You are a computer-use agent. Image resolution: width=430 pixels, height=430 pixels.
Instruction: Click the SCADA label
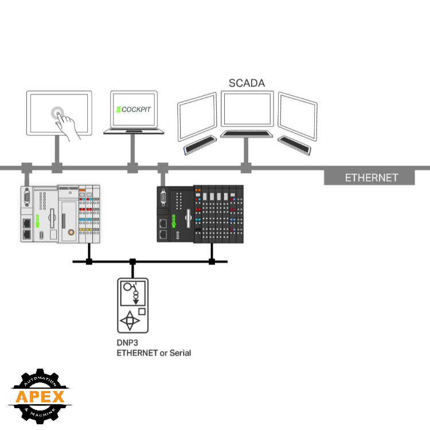click(x=247, y=83)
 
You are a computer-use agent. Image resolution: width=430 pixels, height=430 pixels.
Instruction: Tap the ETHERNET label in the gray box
click(x=371, y=178)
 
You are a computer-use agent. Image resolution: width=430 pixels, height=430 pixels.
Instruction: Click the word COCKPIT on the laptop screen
click(x=138, y=109)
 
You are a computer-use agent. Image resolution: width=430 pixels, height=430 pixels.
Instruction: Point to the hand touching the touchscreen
click(x=68, y=125)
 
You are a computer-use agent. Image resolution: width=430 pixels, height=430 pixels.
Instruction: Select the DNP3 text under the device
click(x=128, y=342)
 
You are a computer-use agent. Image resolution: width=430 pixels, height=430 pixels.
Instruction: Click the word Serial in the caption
click(x=179, y=353)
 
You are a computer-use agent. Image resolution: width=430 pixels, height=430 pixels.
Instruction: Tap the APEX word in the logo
click(x=40, y=396)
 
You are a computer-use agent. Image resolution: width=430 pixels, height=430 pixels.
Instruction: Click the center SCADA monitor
click(x=247, y=110)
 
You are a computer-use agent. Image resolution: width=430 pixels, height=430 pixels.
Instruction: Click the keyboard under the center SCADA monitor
click(x=247, y=134)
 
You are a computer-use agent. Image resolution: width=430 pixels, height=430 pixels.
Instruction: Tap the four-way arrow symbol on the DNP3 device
click(x=132, y=321)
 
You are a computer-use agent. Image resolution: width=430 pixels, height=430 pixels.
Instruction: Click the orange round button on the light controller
click(x=71, y=233)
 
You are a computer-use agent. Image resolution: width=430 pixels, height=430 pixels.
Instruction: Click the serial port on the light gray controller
click(x=26, y=198)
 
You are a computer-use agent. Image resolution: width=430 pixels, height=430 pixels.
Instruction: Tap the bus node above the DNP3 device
click(x=132, y=262)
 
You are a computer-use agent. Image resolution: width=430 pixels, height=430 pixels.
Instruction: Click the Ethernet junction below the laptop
click(x=132, y=168)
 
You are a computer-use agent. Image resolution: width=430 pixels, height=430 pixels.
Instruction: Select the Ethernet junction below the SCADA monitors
click(x=246, y=168)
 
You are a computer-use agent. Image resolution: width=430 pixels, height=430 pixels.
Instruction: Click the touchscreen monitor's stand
click(x=57, y=150)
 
